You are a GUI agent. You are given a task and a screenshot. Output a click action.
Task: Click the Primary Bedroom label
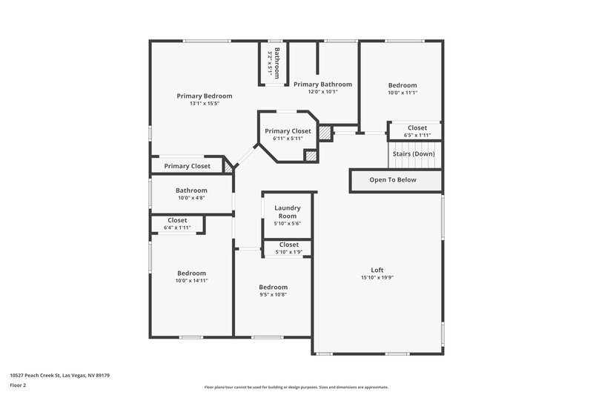click(x=204, y=96)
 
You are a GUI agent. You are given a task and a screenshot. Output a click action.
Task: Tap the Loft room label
click(x=377, y=269)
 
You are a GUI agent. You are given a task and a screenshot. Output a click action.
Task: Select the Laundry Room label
click(x=287, y=212)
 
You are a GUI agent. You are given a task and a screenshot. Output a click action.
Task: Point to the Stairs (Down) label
click(x=413, y=153)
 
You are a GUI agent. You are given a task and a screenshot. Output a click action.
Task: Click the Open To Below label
click(x=393, y=179)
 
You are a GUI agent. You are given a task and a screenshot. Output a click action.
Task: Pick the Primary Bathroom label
click(x=322, y=84)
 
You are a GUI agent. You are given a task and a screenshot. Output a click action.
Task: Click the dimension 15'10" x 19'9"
click(x=377, y=278)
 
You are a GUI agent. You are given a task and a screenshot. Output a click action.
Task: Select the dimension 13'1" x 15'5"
click(x=204, y=104)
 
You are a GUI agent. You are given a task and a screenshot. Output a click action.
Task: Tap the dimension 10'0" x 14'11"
click(x=191, y=281)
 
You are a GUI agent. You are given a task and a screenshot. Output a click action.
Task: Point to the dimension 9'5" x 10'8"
click(x=273, y=294)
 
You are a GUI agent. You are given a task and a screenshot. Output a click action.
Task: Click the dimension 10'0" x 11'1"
click(x=402, y=93)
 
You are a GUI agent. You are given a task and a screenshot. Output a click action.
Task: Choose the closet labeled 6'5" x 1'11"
click(x=417, y=131)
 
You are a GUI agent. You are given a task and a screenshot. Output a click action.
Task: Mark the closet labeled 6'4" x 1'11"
click(x=177, y=224)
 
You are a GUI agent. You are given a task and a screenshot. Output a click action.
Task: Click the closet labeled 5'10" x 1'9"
click(x=288, y=248)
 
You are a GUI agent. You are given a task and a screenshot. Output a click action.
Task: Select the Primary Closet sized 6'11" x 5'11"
click(x=288, y=134)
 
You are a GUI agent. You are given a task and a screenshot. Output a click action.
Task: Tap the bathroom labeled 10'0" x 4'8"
click(x=191, y=194)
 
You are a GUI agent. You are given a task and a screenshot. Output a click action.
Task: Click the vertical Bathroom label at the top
click(x=276, y=62)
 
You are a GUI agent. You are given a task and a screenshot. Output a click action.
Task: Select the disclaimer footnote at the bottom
click(x=296, y=387)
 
